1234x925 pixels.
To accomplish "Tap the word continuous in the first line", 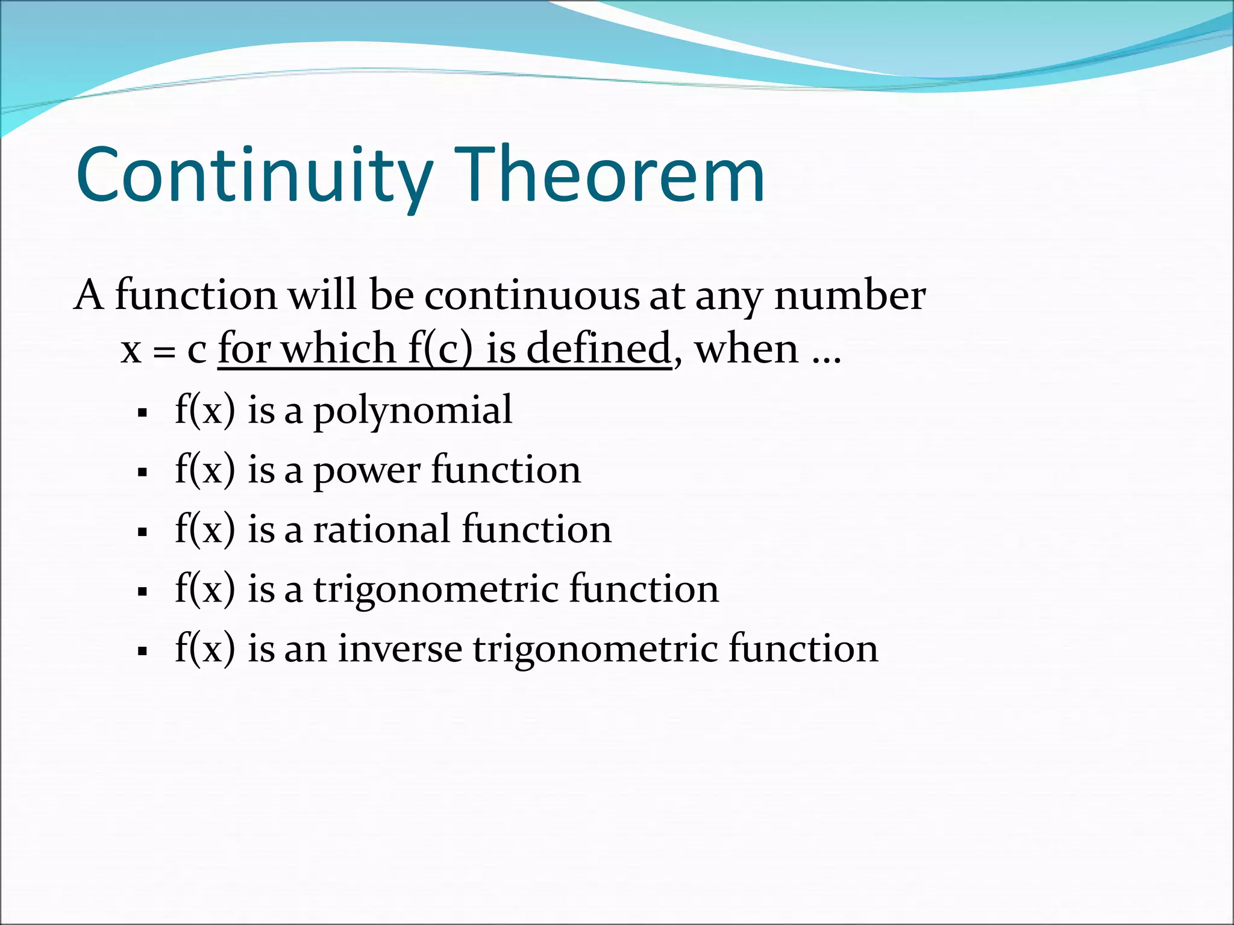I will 531,296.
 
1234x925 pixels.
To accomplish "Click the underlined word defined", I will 598,349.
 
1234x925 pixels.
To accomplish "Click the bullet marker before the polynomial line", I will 143,413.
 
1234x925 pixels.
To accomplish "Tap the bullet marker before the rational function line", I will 143,532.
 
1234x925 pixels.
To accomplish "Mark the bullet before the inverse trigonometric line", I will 143,652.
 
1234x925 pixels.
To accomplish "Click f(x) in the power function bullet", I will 205,470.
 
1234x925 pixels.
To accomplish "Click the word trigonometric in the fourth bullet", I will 436,590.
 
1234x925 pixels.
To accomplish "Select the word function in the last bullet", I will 803,649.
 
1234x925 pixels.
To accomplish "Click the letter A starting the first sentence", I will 89,296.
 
